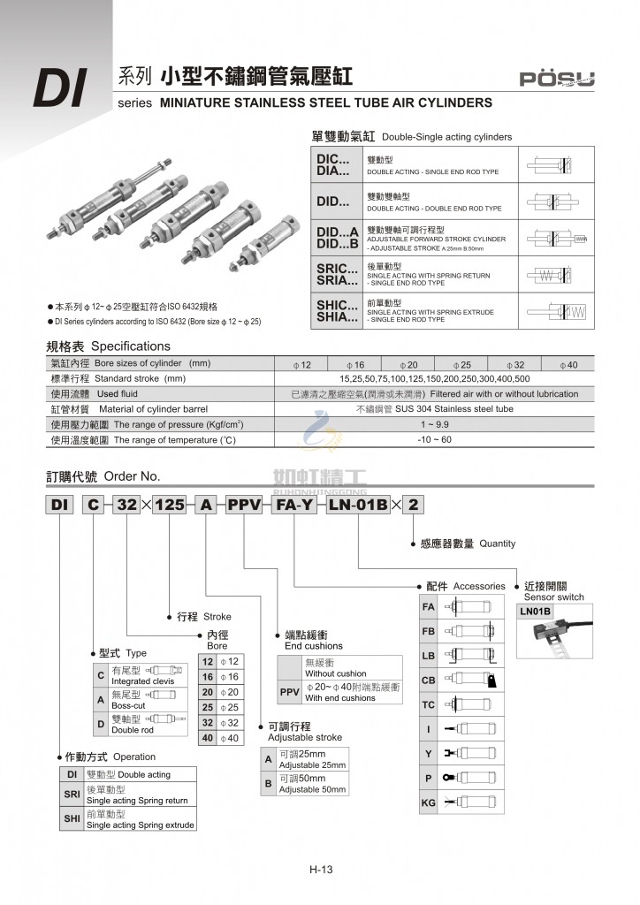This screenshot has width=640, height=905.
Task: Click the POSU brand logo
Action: tap(556, 80)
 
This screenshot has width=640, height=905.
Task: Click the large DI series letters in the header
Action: tap(58, 89)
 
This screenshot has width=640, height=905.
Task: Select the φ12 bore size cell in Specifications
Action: tap(302, 365)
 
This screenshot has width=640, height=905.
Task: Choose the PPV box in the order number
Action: tap(242, 506)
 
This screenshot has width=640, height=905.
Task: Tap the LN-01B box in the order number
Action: tap(357, 506)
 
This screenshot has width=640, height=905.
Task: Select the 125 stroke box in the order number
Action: tap(169, 506)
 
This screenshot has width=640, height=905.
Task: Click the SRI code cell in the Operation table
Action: tap(72, 795)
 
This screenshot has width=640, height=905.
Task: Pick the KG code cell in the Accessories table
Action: tap(429, 803)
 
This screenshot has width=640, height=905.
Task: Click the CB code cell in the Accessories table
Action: tap(429, 681)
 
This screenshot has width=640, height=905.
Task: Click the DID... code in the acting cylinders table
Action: tap(334, 202)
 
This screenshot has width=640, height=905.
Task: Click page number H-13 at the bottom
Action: tap(320, 870)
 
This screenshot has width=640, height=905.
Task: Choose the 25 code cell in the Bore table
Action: tap(208, 708)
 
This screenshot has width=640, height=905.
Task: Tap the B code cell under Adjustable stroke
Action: tap(268, 783)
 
